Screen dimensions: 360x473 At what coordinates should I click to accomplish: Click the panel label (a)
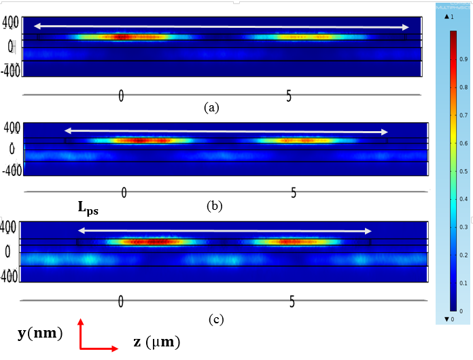click(x=212, y=107)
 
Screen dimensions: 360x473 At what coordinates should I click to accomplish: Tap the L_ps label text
click(x=88, y=210)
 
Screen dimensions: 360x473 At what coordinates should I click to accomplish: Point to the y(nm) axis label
click(x=40, y=333)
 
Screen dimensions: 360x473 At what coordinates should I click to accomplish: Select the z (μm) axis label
click(x=156, y=342)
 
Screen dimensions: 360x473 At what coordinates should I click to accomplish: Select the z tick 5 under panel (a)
click(x=289, y=96)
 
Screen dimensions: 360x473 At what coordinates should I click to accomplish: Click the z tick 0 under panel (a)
click(x=121, y=96)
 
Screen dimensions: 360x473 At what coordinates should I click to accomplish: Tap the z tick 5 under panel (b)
click(x=294, y=192)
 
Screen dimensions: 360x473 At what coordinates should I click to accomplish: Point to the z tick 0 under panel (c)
click(x=120, y=301)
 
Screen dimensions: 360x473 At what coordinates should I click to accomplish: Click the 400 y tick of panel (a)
click(x=11, y=23)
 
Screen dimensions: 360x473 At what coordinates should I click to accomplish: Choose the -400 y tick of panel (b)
click(x=12, y=170)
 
